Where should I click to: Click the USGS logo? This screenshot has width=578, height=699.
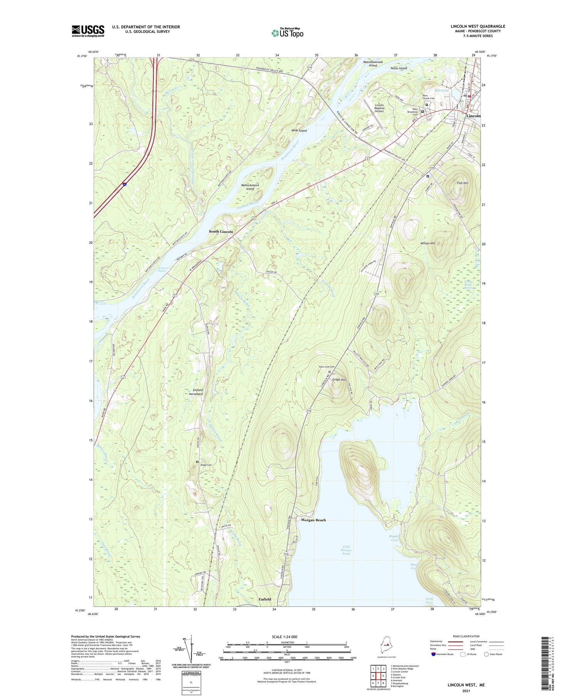click(x=88, y=31)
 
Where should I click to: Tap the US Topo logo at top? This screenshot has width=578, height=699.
click(x=287, y=33)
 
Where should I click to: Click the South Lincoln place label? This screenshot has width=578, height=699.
click(x=221, y=232)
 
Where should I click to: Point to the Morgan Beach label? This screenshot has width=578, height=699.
click(x=313, y=520)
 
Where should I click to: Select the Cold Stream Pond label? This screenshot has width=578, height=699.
click(x=346, y=550)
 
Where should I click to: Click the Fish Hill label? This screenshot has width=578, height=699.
click(x=462, y=183)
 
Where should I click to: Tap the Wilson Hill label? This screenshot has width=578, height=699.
click(x=428, y=244)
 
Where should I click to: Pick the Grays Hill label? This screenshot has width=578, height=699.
click(x=339, y=380)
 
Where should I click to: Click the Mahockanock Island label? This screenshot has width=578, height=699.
click(x=250, y=187)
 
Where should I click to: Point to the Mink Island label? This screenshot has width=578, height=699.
click(x=299, y=131)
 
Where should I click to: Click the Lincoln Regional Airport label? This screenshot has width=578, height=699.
click(x=380, y=108)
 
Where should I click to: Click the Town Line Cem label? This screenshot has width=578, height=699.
click(x=326, y=367)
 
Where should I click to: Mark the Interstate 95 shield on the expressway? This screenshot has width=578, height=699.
click(x=124, y=185)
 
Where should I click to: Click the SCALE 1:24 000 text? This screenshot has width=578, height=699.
click(x=287, y=637)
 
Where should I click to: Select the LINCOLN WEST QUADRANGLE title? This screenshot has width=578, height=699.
click(x=478, y=27)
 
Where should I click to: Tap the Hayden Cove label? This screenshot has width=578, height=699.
click(x=395, y=538)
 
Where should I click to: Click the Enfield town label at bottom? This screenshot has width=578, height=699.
click(x=265, y=599)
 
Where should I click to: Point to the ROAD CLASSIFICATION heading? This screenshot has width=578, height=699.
click(x=466, y=636)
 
